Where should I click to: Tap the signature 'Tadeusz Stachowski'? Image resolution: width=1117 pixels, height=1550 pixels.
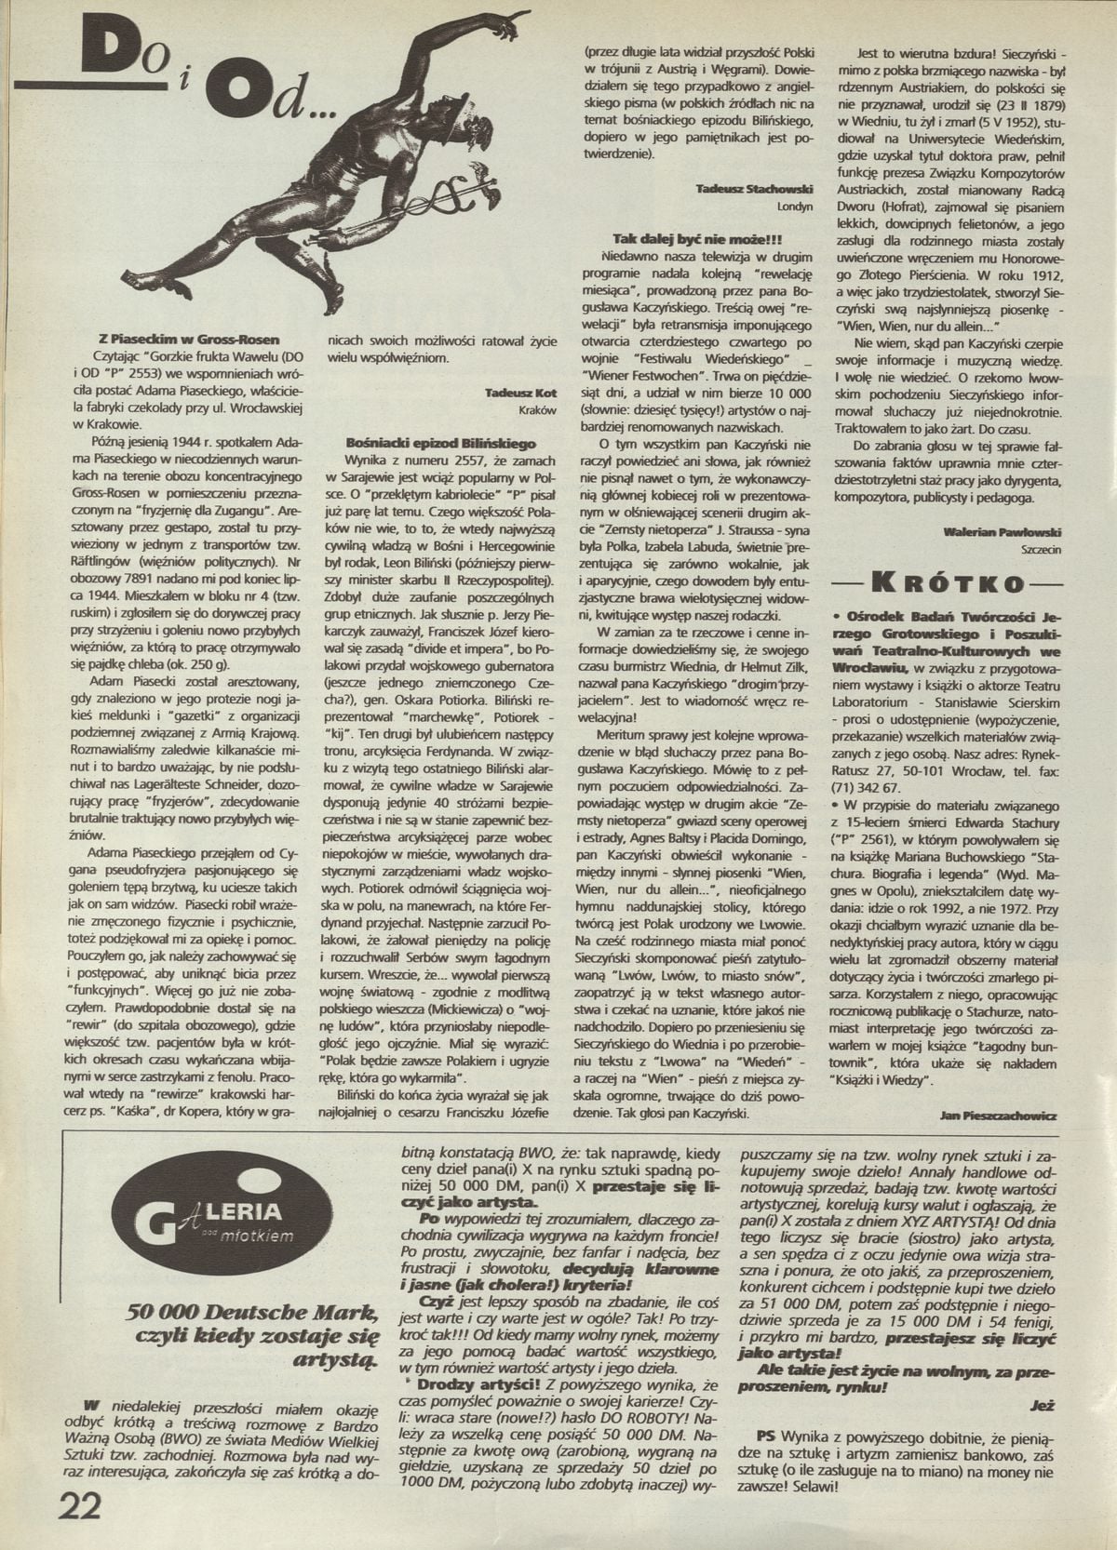coord(754,189)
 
